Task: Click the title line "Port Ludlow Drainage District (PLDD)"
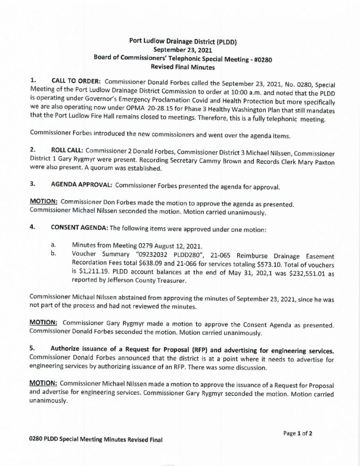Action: [182, 41]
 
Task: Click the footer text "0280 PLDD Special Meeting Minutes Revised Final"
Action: [96, 441]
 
